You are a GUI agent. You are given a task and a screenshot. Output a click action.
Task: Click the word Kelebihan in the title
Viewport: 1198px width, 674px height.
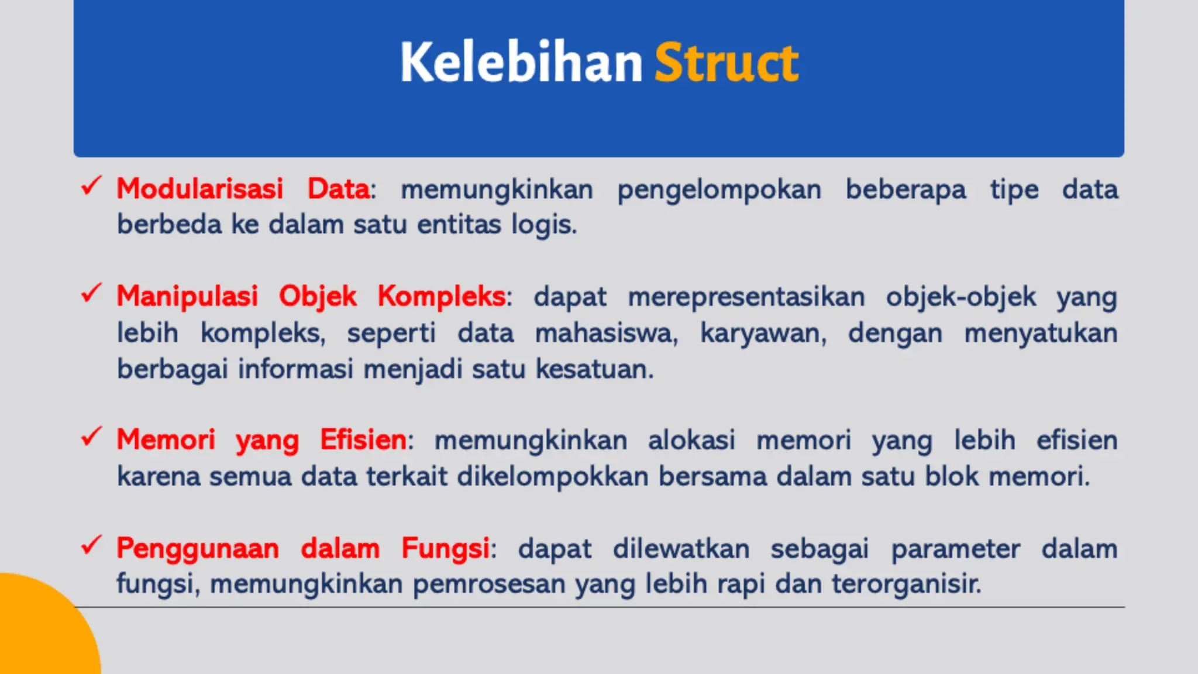(x=521, y=63)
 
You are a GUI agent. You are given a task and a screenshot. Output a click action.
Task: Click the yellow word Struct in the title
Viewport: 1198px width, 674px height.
(x=726, y=63)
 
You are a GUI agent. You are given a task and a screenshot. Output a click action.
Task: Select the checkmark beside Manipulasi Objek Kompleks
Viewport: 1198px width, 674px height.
(x=91, y=293)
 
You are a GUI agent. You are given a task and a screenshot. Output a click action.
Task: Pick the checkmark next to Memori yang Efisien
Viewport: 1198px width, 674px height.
(x=91, y=436)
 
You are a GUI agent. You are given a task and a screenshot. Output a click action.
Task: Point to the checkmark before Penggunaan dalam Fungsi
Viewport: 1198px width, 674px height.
(x=91, y=545)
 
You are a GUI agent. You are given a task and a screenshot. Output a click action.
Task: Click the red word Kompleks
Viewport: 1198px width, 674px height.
(x=442, y=296)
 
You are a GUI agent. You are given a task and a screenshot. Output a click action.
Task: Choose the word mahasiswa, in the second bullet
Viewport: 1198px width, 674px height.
(x=606, y=333)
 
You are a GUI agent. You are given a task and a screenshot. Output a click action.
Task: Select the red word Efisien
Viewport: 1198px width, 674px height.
(x=363, y=439)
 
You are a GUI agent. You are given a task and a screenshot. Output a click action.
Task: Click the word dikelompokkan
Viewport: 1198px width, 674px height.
(x=553, y=476)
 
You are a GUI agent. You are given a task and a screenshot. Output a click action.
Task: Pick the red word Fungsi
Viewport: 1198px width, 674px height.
(x=445, y=549)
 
